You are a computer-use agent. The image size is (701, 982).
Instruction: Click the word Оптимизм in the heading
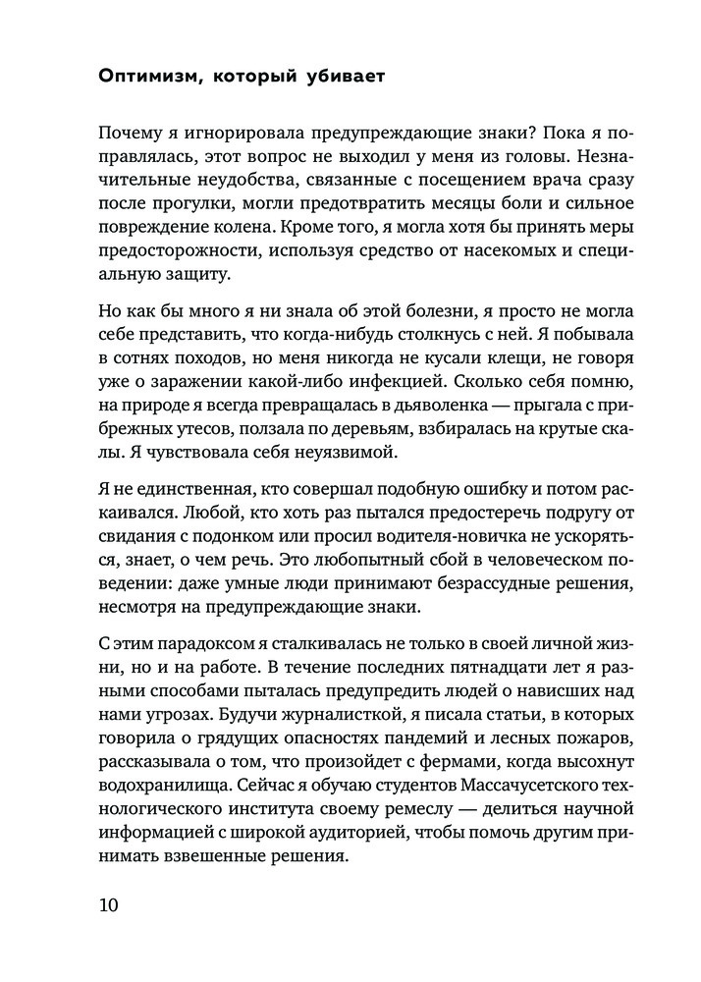tap(146, 78)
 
